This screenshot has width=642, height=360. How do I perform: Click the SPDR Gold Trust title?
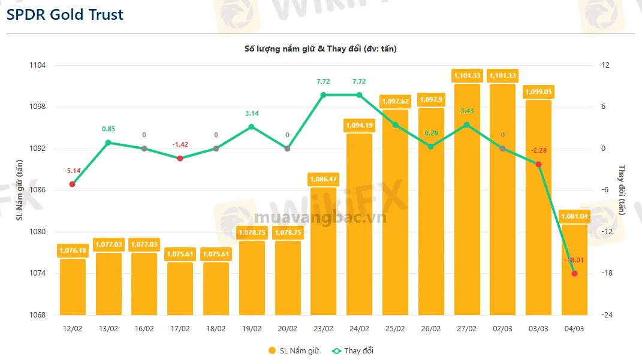click(65, 14)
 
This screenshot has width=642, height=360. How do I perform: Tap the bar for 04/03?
click(574, 270)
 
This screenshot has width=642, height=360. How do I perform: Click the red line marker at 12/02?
click(73, 184)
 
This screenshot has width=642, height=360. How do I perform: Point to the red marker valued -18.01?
click(574, 273)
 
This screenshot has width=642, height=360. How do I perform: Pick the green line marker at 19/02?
click(252, 127)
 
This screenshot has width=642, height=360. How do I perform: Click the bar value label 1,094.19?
click(359, 125)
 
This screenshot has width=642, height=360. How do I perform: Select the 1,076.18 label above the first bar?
click(73, 250)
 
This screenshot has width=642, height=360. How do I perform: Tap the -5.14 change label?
click(73, 171)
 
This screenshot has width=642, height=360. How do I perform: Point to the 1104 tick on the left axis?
click(46, 65)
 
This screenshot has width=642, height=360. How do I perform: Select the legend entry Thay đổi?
click(353, 350)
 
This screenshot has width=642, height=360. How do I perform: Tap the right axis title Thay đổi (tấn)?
click(622, 190)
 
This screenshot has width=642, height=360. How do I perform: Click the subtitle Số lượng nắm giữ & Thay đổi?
click(320, 49)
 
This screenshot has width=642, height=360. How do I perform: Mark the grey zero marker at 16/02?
click(144, 149)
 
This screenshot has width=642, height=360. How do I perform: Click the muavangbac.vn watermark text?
click(320, 217)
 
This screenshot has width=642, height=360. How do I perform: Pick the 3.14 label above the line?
click(252, 113)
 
